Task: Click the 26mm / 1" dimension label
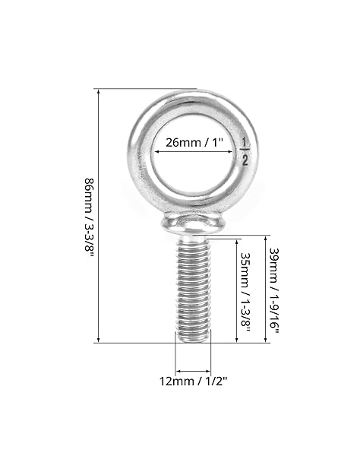(194, 143)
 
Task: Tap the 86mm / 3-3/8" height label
(90, 217)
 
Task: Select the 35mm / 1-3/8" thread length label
(245, 293)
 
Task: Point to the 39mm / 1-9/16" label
(274, 291)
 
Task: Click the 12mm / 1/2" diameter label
(193, 381)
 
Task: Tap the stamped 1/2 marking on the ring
(245, 152)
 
